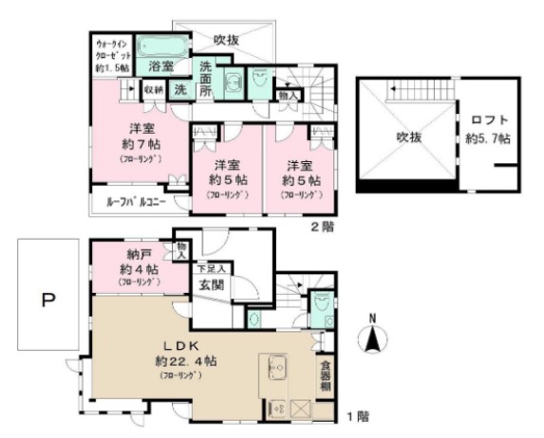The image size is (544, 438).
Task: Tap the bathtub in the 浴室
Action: pos(162,46)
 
